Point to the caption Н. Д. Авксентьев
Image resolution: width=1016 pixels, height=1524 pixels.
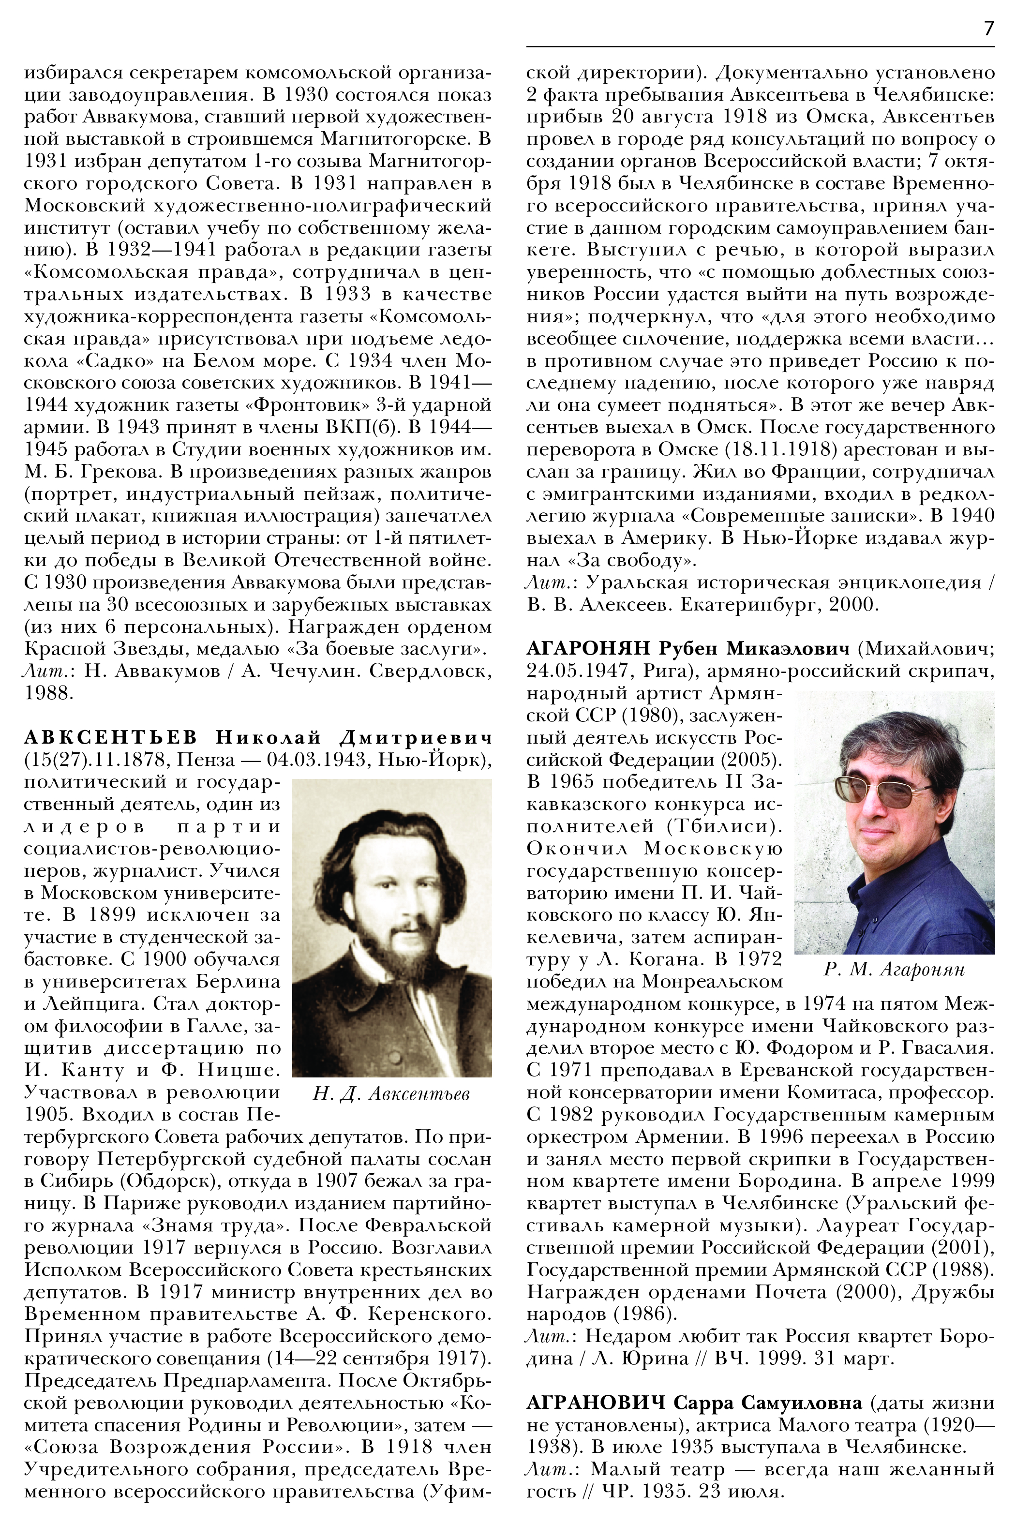click(x=391, y=1094)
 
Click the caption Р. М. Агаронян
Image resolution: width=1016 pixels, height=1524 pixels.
click(x=894, y=970)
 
